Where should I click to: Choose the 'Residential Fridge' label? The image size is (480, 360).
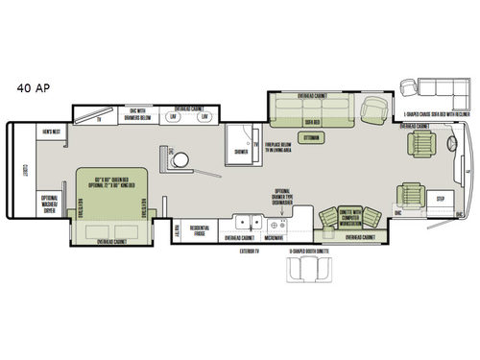pyautogui.click(x=200, y=230)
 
